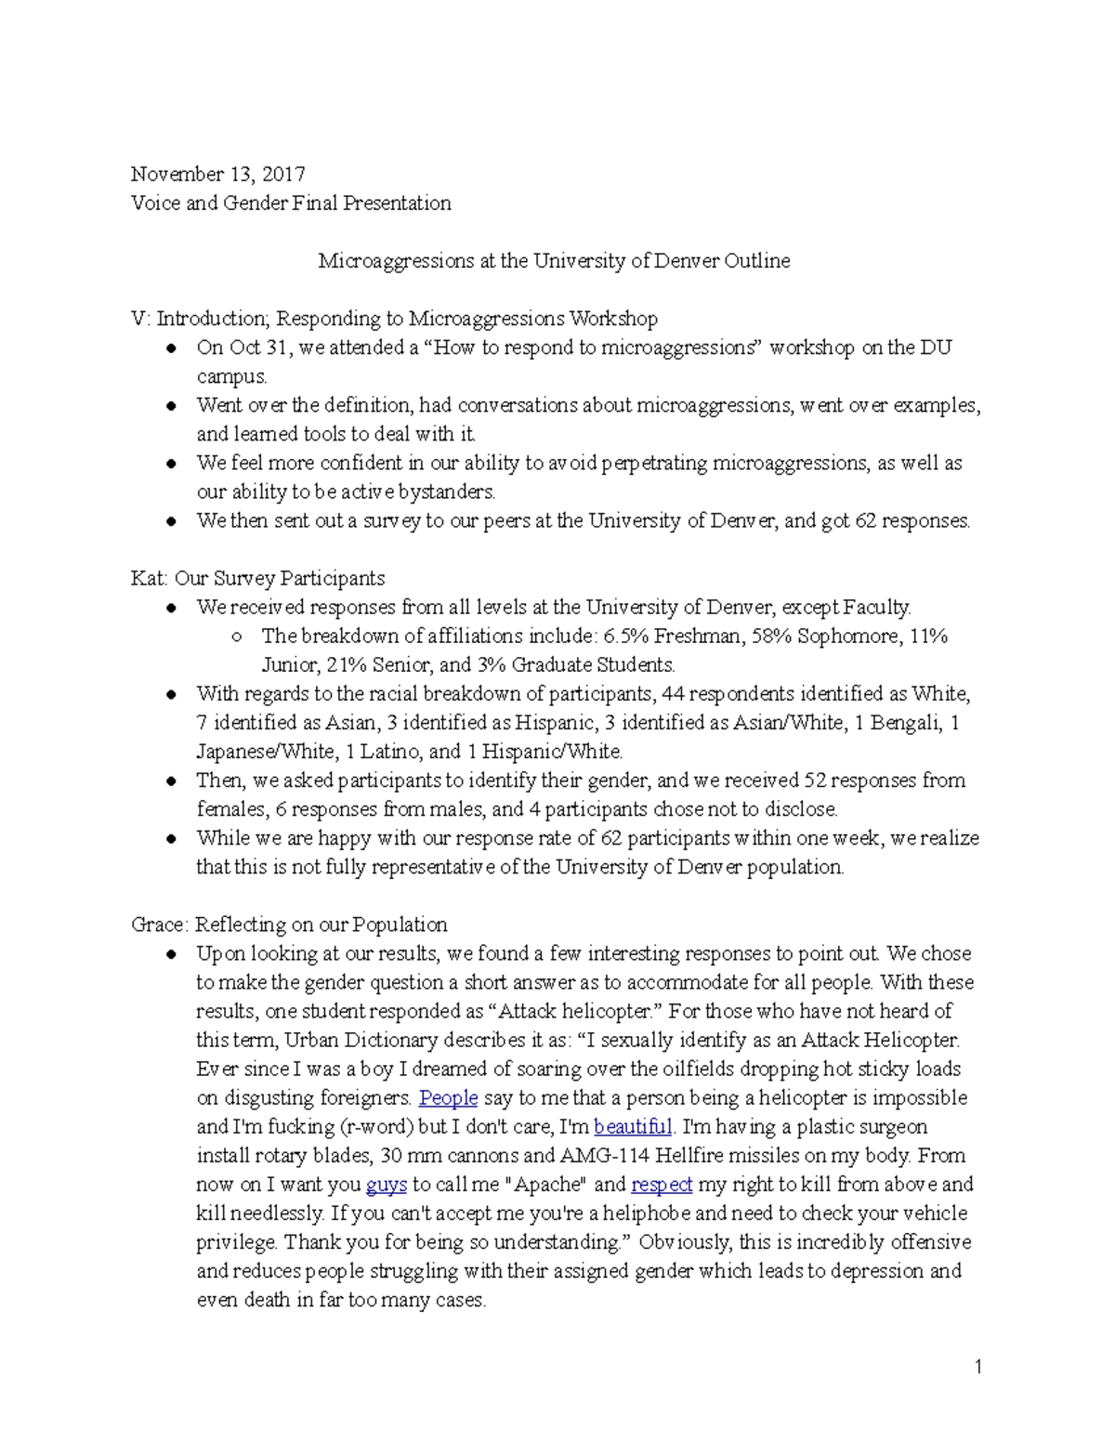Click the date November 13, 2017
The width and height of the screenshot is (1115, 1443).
point(217,175)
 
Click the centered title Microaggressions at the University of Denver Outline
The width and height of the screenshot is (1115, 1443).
point(554,261)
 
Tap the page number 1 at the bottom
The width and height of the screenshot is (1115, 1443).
point(978,1366)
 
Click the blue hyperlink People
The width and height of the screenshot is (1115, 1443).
point(448,1098)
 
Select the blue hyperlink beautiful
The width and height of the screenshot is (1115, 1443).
point(632,1127)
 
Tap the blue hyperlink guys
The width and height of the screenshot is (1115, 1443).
point(387,1185)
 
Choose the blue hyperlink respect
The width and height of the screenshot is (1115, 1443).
point(662,1185)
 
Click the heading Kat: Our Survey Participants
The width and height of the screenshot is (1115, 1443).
point(257,579)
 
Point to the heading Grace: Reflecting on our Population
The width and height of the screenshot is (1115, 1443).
point(289,925)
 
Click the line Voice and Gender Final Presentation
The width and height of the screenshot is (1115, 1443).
point(291,203)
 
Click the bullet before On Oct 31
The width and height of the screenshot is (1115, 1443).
point(172,349)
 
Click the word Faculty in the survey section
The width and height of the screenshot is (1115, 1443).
point(876,608)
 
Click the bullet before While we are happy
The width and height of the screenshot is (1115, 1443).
point(172,839)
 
